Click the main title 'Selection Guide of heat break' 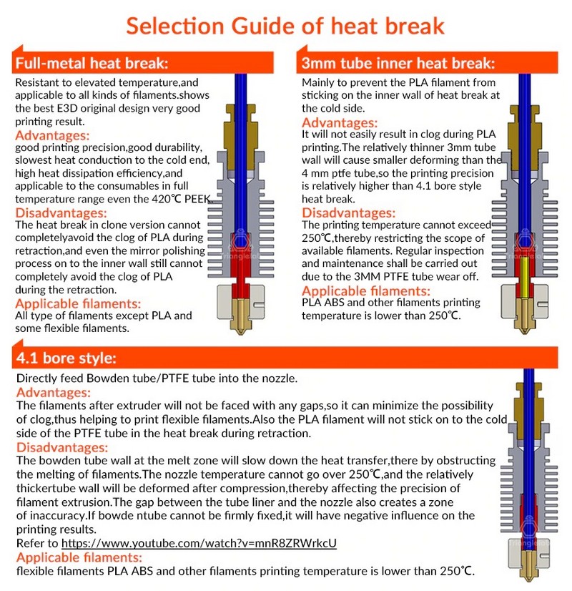(x=286, y=26)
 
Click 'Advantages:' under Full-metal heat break (x=53, y=135)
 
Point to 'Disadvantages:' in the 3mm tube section (x=349, y=213)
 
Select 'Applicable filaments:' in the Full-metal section (x=79, y=303)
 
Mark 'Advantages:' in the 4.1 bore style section (x=53, y=392)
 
